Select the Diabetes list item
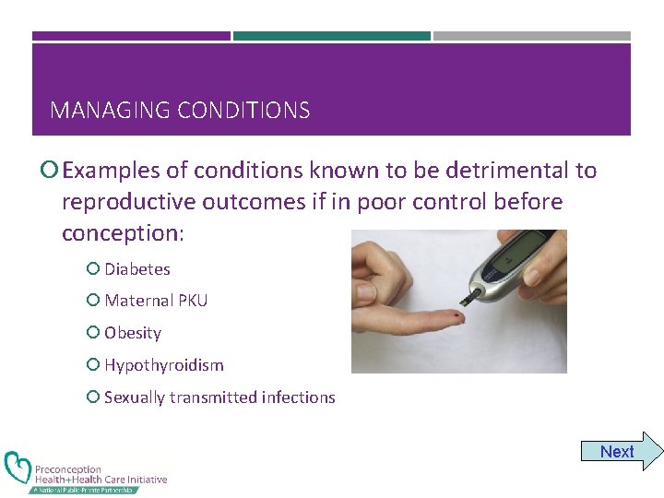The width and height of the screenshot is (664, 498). point(136,269)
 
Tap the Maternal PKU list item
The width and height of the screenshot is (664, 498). point(156,301)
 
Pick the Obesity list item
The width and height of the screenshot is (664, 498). point(133,333)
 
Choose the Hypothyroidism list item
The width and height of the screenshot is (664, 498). point(163,365)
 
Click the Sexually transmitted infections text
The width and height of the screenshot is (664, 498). point(219,397)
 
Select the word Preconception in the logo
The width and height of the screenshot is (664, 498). point(68,469)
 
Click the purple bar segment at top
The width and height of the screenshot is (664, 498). point(131,36)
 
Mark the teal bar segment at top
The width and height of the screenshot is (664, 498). point(331,36)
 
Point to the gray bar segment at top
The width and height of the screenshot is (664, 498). point(532,36)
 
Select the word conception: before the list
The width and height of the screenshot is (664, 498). point(123,233)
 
